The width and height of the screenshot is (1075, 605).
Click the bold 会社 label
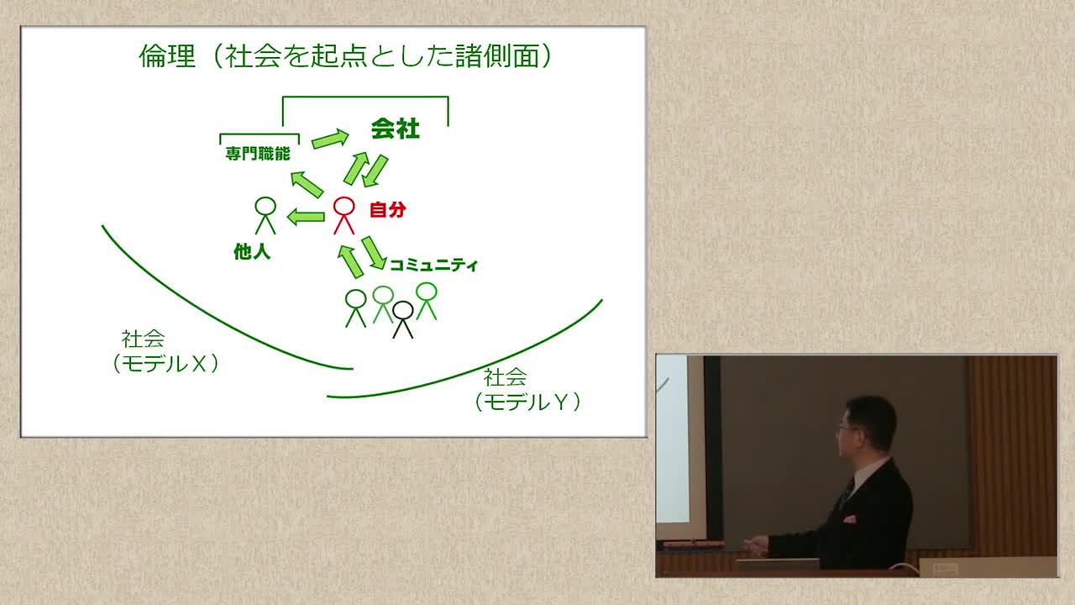[396, 129]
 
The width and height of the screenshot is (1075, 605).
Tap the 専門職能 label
[258, 154]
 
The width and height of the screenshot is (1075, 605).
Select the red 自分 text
[388, 210]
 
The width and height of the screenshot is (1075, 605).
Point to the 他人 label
[252, 251]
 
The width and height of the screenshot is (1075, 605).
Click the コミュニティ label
[433, 265]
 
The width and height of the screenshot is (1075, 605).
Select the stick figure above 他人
[265, 216]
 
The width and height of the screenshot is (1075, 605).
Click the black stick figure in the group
[402, 319]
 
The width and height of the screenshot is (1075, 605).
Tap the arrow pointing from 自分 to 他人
[306, 217]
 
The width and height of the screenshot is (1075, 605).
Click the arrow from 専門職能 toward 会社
[330, 139]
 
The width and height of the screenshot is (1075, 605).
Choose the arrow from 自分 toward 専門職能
[307, 185]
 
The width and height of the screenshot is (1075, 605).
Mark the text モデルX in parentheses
[165, 364]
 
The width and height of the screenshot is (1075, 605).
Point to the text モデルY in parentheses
[527, 402]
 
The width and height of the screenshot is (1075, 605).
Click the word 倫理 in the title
[167, 56]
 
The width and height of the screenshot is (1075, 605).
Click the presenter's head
[867, 423]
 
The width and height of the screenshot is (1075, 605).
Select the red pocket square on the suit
[850, 519]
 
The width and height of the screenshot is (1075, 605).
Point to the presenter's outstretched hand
[755, 545]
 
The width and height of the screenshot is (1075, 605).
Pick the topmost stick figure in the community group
[426, 301]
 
